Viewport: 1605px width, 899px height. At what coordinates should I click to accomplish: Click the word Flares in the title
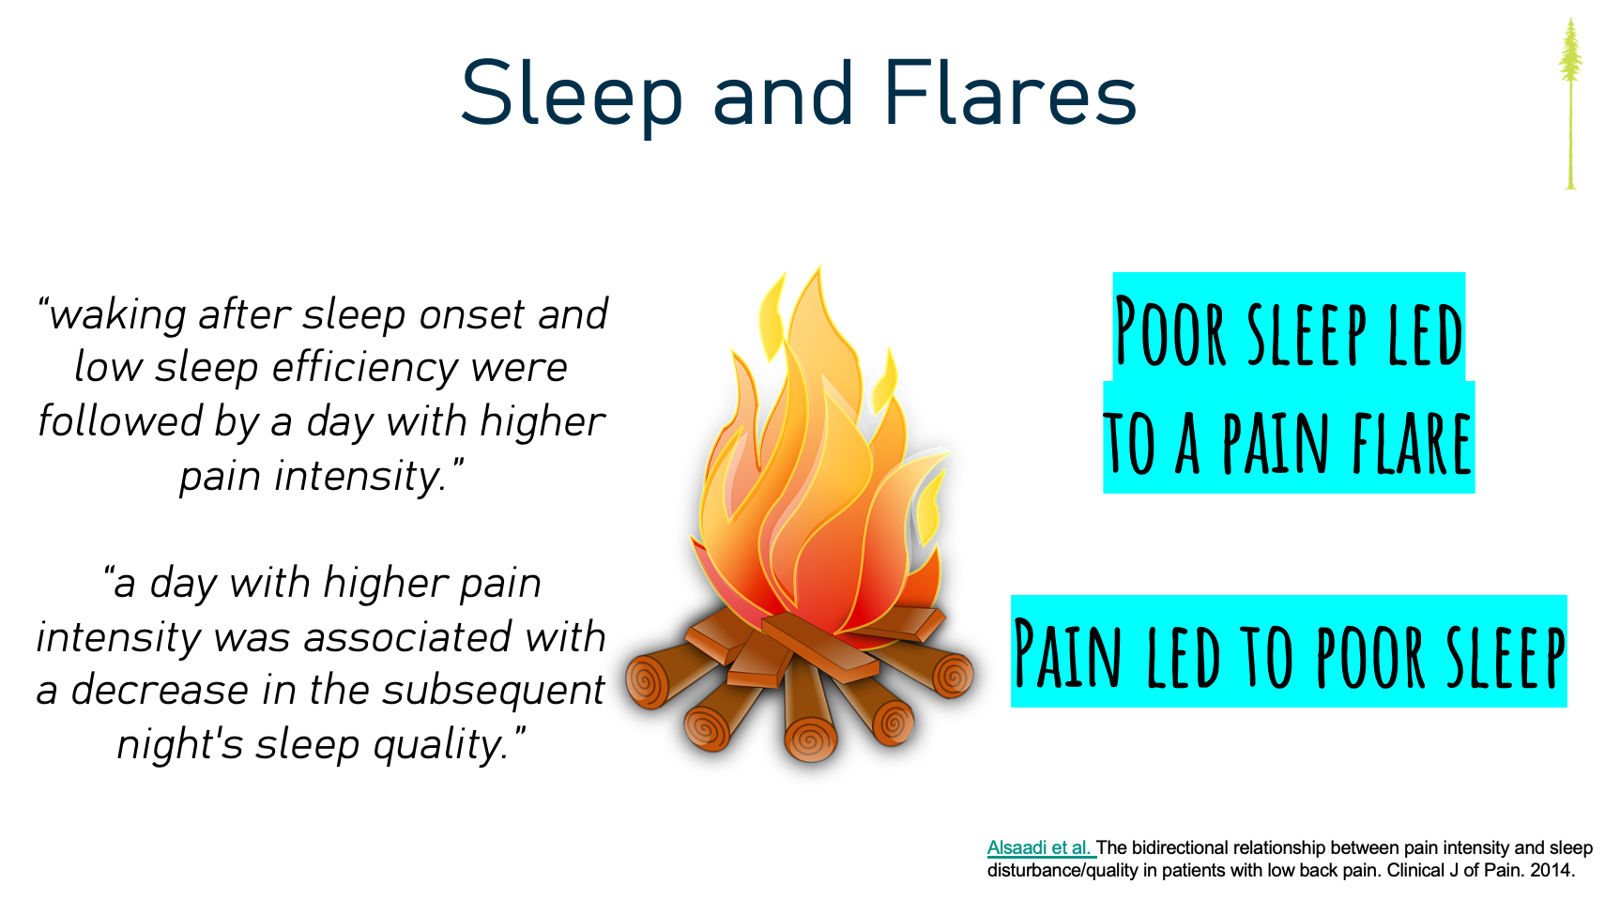point(1010,93)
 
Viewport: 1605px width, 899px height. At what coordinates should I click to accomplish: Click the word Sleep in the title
point(571,97)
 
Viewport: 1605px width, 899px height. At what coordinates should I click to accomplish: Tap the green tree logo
point(1570,104)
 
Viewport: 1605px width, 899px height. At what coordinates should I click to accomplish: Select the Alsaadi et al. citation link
point(1040,848)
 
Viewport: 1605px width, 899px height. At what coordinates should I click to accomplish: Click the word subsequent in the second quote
point(493,691)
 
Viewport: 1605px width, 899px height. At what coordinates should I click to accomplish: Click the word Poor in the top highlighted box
point(1171,331)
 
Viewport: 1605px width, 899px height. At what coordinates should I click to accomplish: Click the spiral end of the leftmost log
point(647,682)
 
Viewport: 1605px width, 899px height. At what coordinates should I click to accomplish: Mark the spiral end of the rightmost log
point(953,676)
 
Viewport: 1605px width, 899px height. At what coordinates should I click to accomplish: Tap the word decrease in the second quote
point(160,691)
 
